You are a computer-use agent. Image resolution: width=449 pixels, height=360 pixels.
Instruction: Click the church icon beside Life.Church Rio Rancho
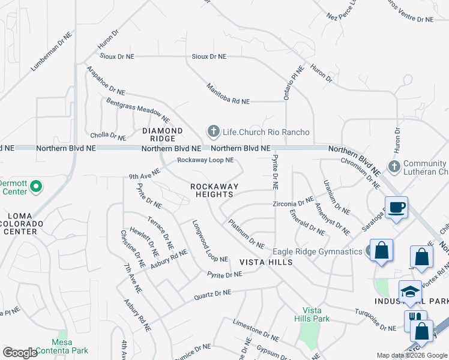212,131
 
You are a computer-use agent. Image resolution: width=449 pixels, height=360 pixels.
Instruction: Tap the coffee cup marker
396,208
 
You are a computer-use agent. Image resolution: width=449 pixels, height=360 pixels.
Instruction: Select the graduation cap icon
411,292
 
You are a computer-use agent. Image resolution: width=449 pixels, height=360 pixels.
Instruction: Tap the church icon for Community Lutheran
394,166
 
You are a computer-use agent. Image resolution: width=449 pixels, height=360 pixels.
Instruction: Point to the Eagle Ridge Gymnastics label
317,251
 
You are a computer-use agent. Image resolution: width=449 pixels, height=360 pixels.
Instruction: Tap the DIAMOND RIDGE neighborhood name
162,135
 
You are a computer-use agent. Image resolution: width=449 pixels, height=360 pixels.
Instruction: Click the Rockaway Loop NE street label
205,160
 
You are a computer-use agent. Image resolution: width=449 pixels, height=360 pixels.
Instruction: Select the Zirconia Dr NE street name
292,204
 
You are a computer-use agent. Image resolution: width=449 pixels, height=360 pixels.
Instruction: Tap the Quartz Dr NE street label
212,294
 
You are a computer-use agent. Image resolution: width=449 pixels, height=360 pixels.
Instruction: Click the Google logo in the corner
20,353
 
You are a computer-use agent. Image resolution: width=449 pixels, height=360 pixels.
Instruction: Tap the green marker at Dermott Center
35,187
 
